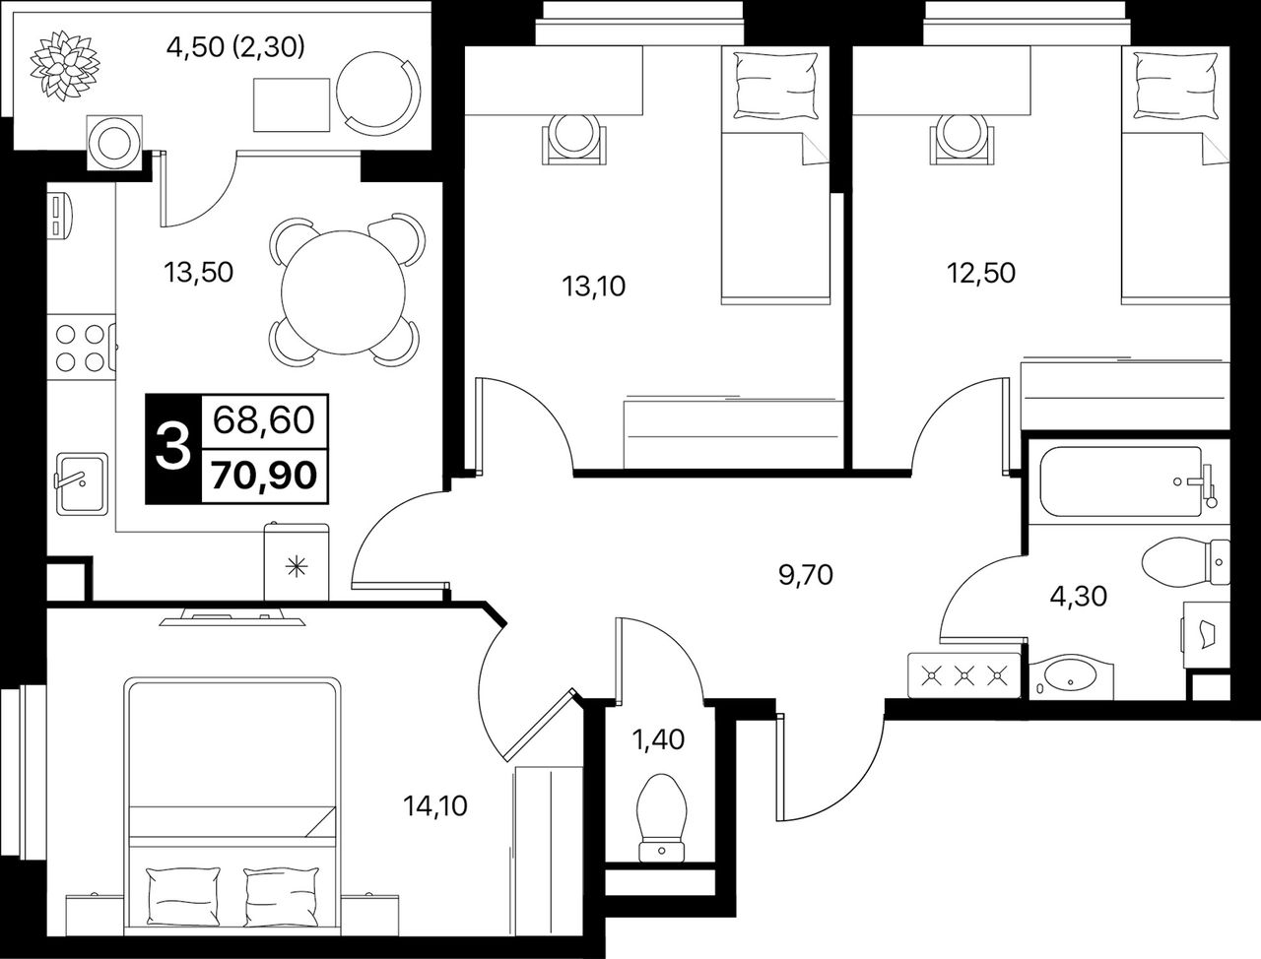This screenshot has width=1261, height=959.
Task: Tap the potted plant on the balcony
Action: pos(64,65)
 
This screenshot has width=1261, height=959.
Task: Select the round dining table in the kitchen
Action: pos(344,292)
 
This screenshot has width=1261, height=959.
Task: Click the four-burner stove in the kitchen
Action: pos(82,348)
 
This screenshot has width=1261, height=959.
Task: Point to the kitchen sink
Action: pos(82,482)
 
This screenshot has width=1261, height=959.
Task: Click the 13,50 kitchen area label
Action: pos(199,272)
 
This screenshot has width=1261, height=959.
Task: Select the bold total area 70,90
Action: pos(264,476)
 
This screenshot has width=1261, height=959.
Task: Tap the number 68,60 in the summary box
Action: pos(264,420)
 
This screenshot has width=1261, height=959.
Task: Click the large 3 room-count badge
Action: pos(173,448)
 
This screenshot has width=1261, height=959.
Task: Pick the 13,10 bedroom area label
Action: pos(594,286)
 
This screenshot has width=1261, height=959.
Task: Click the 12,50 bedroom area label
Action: pos(981,273)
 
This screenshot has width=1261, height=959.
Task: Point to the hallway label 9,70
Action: pos(806,574)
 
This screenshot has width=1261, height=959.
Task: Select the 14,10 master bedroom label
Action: pos(434,806)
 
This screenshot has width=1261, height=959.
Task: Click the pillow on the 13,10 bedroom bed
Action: pos(775,86)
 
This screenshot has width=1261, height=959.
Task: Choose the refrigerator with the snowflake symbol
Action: pos(297,562)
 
